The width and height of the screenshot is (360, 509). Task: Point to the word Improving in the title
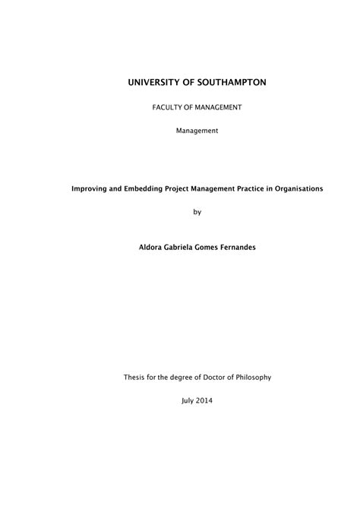click(x=90, y=189)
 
